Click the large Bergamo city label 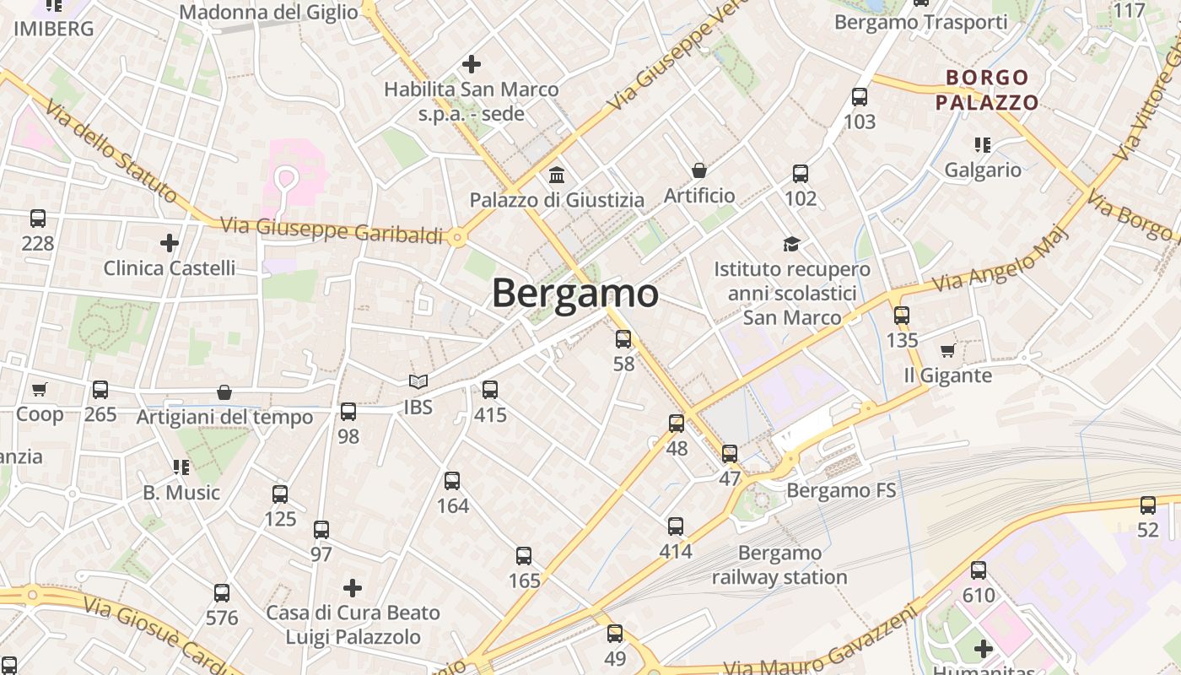click(574, 294)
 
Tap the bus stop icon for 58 click(623, 339)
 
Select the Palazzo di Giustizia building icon click(557, 175)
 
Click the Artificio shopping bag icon click(699, 171)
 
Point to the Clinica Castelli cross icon click(170, 243)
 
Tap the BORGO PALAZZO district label click(987, 90)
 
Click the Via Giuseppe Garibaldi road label click(332, 230)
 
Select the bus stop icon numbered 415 click(490, 390)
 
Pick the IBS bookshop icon click(418, 382)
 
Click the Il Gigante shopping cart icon click(947, 350)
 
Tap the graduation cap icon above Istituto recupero click(791, 245)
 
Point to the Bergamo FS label click(840, 490)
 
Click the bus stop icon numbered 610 click(979, 570)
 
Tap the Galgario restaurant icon click(982, 145)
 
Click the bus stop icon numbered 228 click(38, 219)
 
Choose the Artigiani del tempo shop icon click(224, 392)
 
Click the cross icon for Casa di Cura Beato click(353, 587)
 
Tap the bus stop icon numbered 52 click(1148, 505)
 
